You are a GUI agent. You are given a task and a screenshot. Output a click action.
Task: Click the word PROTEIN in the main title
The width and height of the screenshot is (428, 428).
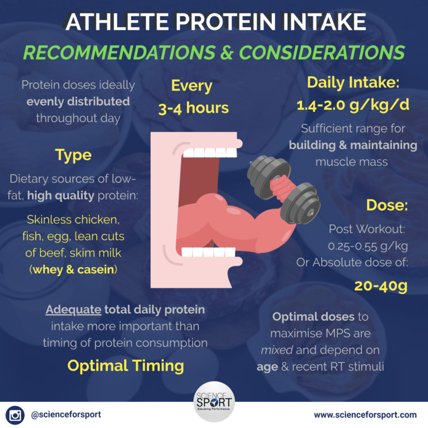[x=225, y=22]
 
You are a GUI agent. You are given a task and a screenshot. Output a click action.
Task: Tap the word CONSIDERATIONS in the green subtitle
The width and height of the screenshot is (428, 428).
[x=322, y=52]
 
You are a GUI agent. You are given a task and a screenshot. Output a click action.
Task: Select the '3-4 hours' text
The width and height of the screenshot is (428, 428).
[x=193, y=108]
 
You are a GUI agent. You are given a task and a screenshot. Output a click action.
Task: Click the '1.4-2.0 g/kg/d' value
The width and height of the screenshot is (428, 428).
[x=353, y=105]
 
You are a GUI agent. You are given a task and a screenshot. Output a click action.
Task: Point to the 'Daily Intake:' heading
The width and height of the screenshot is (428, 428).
[x=353, y=82]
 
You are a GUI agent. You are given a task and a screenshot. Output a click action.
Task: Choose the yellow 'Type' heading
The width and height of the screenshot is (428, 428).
[x=73, y=156]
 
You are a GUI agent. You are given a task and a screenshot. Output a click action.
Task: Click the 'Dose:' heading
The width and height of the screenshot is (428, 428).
[x=387, y=205]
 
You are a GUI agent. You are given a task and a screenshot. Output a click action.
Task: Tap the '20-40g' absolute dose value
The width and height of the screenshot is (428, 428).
[x=381, y=286]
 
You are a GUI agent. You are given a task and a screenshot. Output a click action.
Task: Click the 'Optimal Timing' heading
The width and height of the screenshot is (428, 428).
[x=126, y=366]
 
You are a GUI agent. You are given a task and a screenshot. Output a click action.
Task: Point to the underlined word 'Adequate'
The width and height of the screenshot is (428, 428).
[x=74, y=309]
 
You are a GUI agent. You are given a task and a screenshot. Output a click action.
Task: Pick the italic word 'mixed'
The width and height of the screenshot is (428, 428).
[x=277, y=350]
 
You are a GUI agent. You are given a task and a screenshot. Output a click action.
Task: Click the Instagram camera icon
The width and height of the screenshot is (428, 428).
[x=15, y=415]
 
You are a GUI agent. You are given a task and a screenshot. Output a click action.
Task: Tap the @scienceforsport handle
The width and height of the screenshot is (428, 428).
[x=66, y=415]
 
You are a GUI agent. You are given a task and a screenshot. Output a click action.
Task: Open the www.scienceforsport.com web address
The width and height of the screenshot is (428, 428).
[x=365, y=415]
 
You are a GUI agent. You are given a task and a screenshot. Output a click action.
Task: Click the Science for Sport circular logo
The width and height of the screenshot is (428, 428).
[x=214, y=402]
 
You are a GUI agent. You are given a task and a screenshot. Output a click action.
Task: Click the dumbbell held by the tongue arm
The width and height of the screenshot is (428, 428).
[x=284, y=189]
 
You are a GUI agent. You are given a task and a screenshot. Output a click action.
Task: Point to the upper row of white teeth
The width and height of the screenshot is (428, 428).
[x=210, y=152]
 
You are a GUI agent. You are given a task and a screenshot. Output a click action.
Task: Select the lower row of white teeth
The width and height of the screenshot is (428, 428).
[x=208, y=252]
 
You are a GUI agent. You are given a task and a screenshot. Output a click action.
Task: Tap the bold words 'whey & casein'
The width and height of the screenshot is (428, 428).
[x=73, y=270]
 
